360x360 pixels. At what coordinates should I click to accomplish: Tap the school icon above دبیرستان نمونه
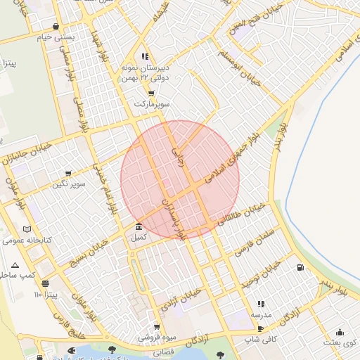(145, 56)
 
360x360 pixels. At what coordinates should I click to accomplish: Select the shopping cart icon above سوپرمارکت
(151, 93)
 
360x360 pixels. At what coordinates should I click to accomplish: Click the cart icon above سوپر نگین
(68, 174)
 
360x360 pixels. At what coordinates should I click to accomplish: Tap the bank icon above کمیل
(139, 227)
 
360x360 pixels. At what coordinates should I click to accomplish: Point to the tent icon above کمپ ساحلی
(15, 265)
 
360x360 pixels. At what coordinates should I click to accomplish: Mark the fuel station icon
(301, 268)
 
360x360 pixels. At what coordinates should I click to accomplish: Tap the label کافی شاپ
(257, 340)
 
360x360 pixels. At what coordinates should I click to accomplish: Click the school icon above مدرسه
(262, 304)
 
